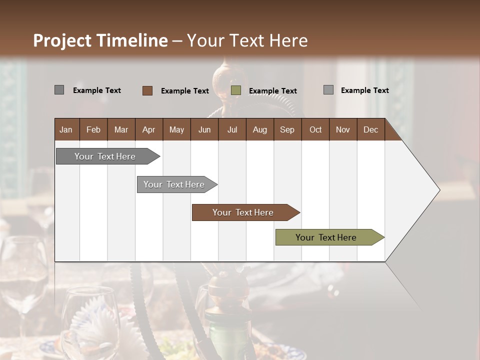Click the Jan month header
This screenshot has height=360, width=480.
(x=66, y=129)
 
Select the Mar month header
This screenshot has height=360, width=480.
(x=121, y=129)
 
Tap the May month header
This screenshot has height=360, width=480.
(x=176, y=129)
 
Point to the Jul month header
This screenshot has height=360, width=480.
(x=232, y=129)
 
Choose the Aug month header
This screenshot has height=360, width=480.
(x=259, y=129)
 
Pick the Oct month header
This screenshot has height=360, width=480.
(x=315, y=129)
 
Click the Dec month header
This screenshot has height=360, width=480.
(x=370, y=129)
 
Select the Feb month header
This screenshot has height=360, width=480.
(x=93, y=129)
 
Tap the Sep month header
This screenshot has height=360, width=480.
(x=287, y=129)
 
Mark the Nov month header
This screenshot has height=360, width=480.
(x=343, y=129)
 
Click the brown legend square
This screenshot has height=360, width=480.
(x=147, y=90)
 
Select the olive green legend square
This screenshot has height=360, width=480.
(x=236, y=90)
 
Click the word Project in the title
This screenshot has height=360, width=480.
(x=62, y=40)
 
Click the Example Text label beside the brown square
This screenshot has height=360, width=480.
(x=185, y=91)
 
